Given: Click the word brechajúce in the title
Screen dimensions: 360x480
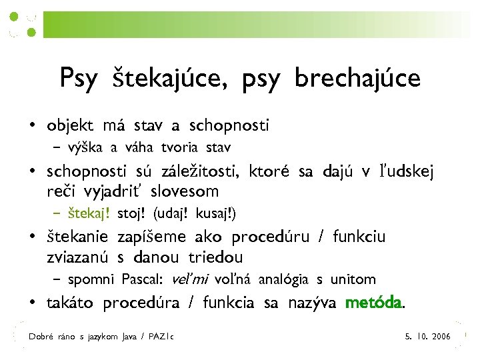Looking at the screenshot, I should click(357, 78).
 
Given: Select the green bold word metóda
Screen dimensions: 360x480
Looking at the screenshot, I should click(374, 303).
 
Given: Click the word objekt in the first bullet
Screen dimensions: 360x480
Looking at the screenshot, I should click(70, 125).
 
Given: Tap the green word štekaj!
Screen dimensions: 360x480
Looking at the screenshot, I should click(89, 214).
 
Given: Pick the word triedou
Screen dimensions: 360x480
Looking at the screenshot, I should click(215, 257).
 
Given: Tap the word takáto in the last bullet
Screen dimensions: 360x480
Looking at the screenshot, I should click(71, 303).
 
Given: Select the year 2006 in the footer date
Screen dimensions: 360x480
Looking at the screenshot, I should click(441, 337).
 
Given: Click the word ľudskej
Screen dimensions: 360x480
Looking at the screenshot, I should click(407, 172).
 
